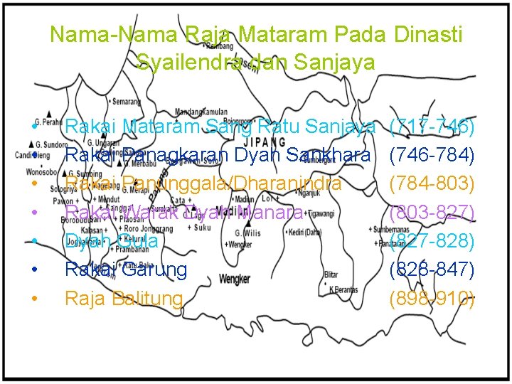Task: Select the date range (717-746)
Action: [x=432, y=127]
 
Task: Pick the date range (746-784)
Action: [x=432, y=155]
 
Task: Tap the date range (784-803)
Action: [x=432, y=183]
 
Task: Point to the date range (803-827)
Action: [x=432, y=212]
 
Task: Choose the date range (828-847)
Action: [x=432, y=270]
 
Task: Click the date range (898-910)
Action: [x=432, y=298]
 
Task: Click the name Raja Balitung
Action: [x=124, y=298]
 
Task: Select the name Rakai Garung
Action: [x=126, y=270]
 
